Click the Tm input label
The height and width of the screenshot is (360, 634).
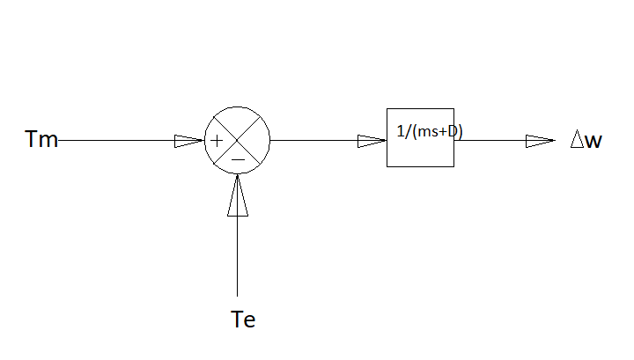click(42, 140)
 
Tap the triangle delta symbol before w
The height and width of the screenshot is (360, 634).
click(578, 140)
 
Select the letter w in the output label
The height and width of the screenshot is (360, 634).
click(593, 141)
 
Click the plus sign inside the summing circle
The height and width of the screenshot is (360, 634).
click(217, 140)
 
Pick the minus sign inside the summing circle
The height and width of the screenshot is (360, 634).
click(238, 159)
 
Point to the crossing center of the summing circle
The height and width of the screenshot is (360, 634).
click(238, 140)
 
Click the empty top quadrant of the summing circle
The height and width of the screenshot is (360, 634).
click(238, 121)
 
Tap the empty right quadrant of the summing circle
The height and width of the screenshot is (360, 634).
click(257, 140)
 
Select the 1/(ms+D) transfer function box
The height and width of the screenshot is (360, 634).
click(420, 150)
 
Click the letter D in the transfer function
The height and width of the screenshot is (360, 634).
click(457, 131)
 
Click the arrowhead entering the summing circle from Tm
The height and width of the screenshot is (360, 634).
click(188, 140)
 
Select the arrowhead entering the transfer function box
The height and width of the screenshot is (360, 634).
click(372, 140)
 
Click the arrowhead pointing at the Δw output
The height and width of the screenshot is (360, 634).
click(540, 140)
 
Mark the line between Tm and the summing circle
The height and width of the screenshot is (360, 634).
click(114, 140)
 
